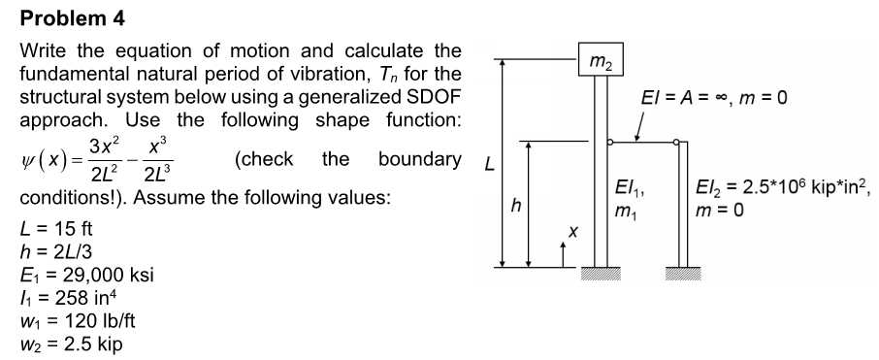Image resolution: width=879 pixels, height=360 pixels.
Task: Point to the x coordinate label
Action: coord(572,233)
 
